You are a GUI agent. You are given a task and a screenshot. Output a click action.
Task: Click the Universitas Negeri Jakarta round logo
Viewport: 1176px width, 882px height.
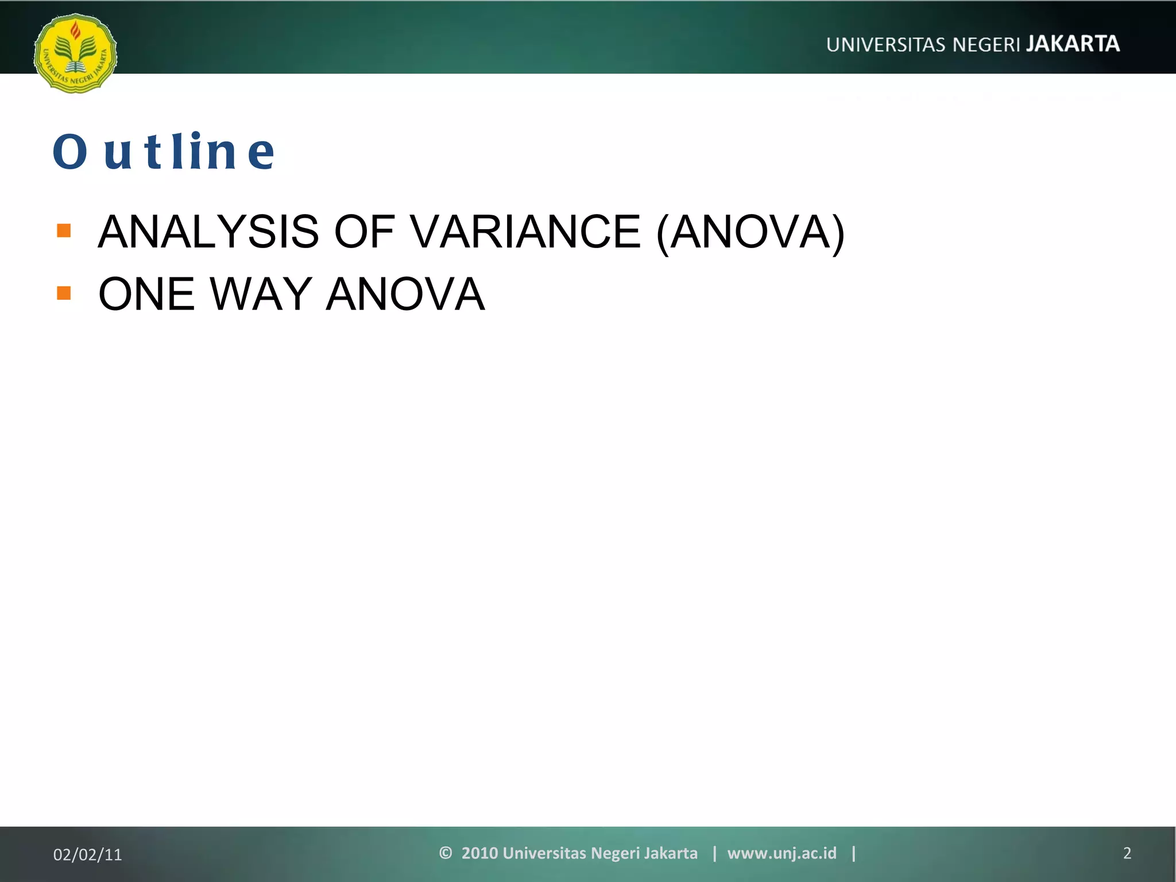coord(75,53)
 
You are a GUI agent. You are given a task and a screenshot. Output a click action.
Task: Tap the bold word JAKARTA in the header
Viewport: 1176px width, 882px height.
coord(1073,44)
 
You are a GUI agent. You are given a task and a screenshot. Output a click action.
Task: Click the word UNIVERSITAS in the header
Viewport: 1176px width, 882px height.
coord(886,45)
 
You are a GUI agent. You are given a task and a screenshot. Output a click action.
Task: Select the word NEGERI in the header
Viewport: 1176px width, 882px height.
coord(986,45)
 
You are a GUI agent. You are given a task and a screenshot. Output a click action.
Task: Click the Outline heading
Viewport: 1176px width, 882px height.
coord(164,152)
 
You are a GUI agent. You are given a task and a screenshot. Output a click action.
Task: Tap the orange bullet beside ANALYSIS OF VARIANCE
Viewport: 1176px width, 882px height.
coord(64,231)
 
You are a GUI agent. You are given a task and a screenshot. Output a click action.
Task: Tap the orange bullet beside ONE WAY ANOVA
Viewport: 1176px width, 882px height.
coord(64,293)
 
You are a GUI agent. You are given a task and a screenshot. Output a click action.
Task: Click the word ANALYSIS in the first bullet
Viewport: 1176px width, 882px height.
coord(208,231)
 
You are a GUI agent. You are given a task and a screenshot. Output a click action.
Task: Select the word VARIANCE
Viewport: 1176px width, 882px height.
coord(525,231)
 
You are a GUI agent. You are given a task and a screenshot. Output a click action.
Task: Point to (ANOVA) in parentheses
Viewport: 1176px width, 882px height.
coord(750,231)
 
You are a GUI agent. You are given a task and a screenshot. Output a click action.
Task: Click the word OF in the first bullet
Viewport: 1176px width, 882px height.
coord(364,231)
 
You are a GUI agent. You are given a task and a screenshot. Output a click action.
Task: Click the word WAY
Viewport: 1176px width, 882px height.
coord(261,294)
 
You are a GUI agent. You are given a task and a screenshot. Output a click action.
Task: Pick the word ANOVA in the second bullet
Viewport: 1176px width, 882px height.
coord(405,294)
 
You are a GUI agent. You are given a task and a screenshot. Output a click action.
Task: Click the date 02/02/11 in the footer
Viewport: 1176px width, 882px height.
coord(88,854)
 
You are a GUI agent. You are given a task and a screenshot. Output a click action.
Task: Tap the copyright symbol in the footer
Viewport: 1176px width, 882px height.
coord(445,853)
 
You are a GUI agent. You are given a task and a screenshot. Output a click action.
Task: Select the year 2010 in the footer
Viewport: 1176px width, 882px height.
coord(479,853)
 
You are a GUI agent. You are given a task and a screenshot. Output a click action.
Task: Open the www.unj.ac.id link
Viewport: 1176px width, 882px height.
coord(782,853)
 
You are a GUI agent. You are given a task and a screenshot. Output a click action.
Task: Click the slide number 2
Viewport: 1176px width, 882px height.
coord(1127,853)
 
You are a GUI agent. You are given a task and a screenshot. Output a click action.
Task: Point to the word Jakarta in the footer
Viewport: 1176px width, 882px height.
coord(670,853)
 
